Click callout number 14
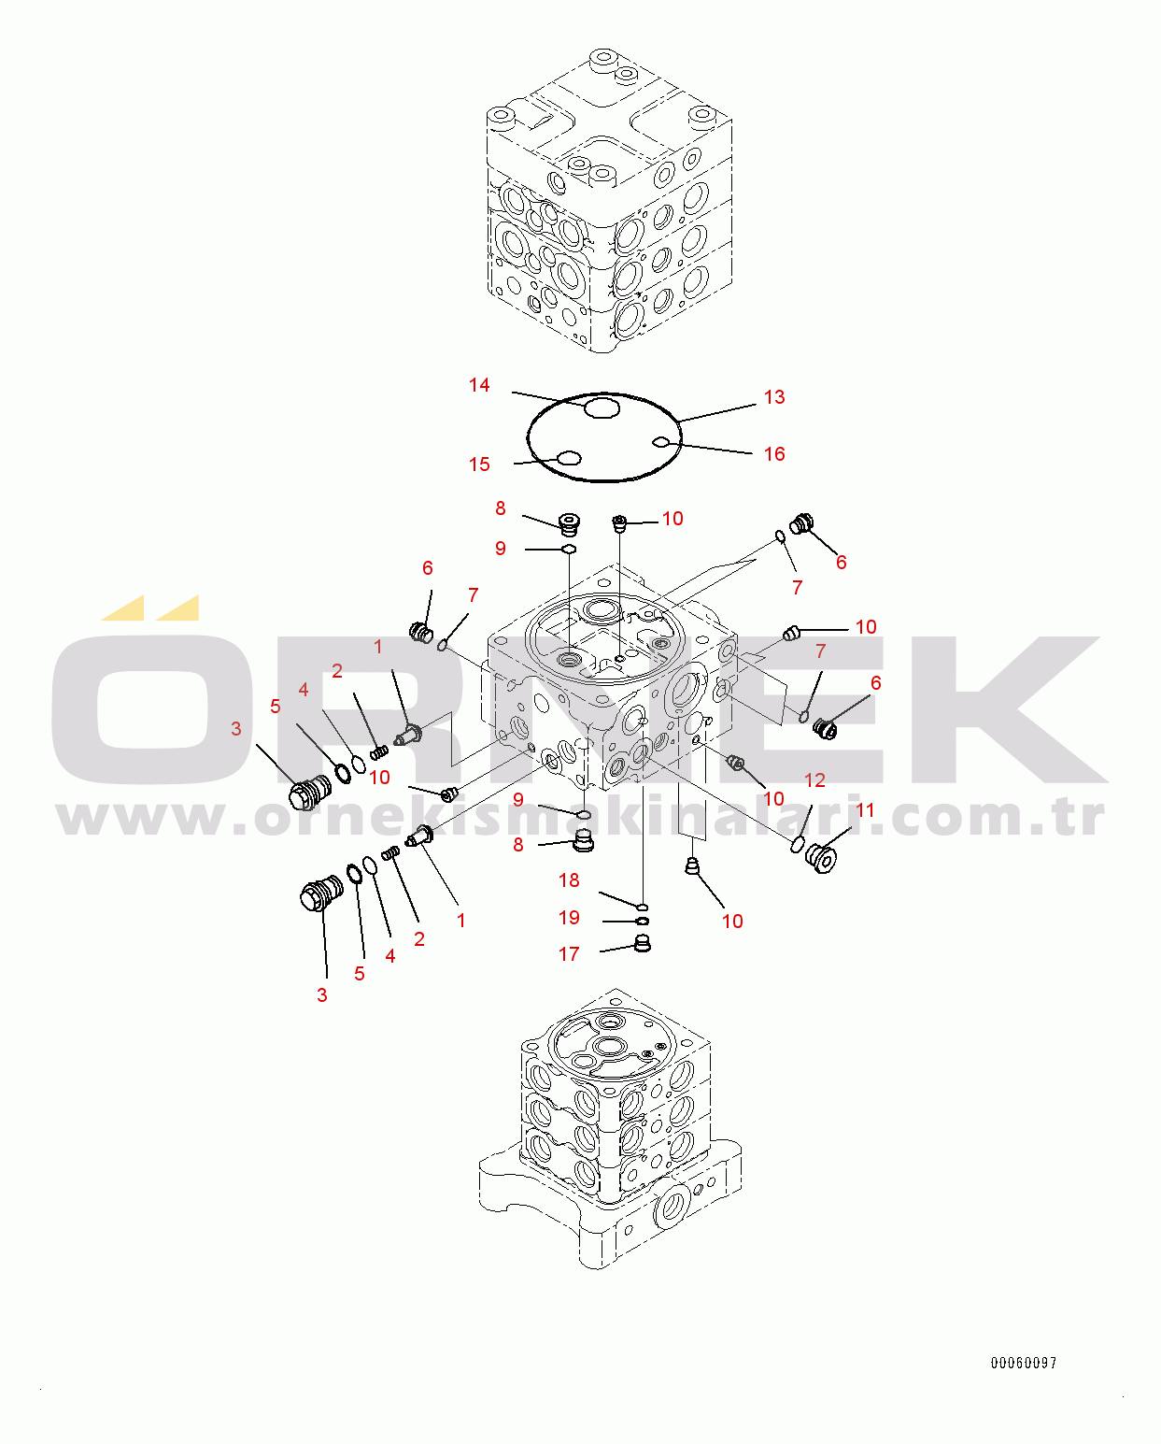[x=479, y=385]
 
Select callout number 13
[x=774, y=397]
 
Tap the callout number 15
[x=479, y=465]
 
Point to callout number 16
[x=774, y=454]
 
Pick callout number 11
[x=865, y=810]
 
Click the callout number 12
[x=814, y=780]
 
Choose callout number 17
[x=569, y=954]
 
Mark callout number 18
[x=569, y=880]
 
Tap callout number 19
[x=569, y=917]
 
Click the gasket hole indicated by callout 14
[x=601, y=407]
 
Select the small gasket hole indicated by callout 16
[x=660, y=441]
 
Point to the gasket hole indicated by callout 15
[x=570, y=458]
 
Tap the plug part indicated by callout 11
[x=821, y=859]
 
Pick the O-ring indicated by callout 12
[x=797, y=844]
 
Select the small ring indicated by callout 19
[x=642, y=922]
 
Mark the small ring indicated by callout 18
[x=642, y=908]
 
